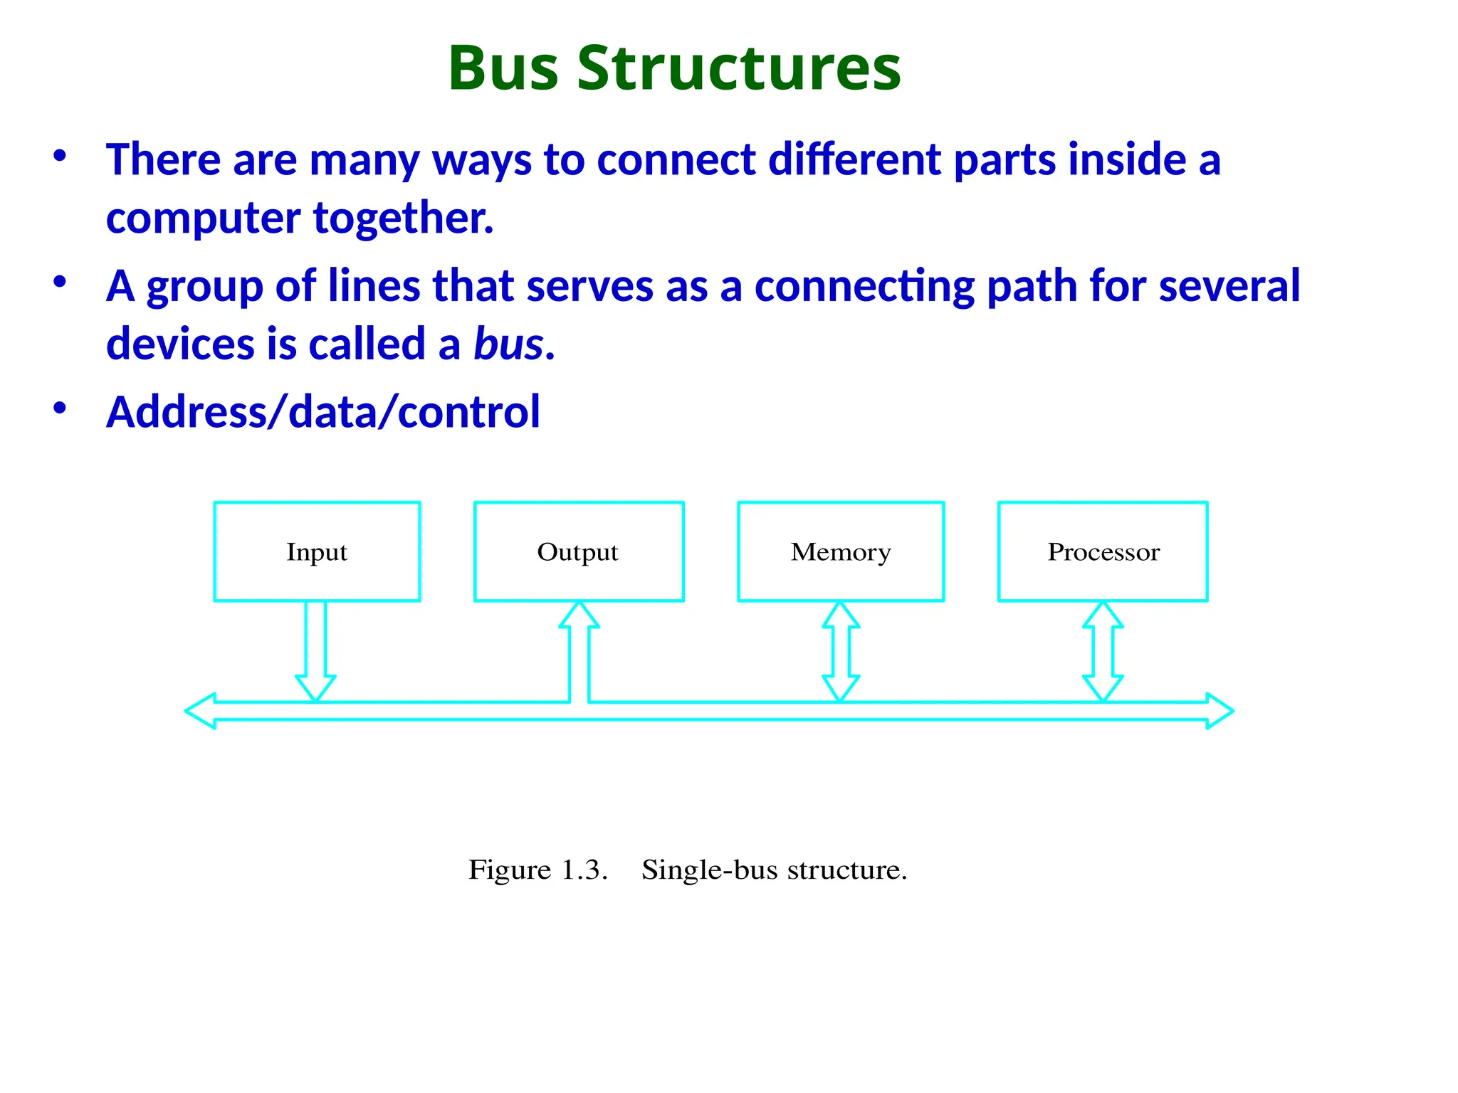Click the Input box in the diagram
[317, 551]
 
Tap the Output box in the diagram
[579, 551]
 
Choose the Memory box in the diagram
[841, 551]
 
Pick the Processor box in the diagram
[1103, 551]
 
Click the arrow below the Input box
[315, 651]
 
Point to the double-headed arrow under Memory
[841, 651]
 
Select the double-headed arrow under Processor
[1103, 651]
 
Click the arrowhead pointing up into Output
[579, 616]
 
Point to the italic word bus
[508, 344]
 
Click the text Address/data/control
[323, 412]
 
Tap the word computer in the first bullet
[203, 218]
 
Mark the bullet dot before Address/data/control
[60, 408]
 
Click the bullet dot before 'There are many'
[60, 154]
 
